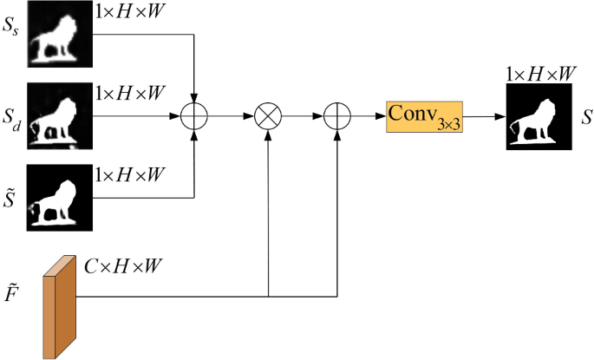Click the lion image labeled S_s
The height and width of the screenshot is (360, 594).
point(61,36)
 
